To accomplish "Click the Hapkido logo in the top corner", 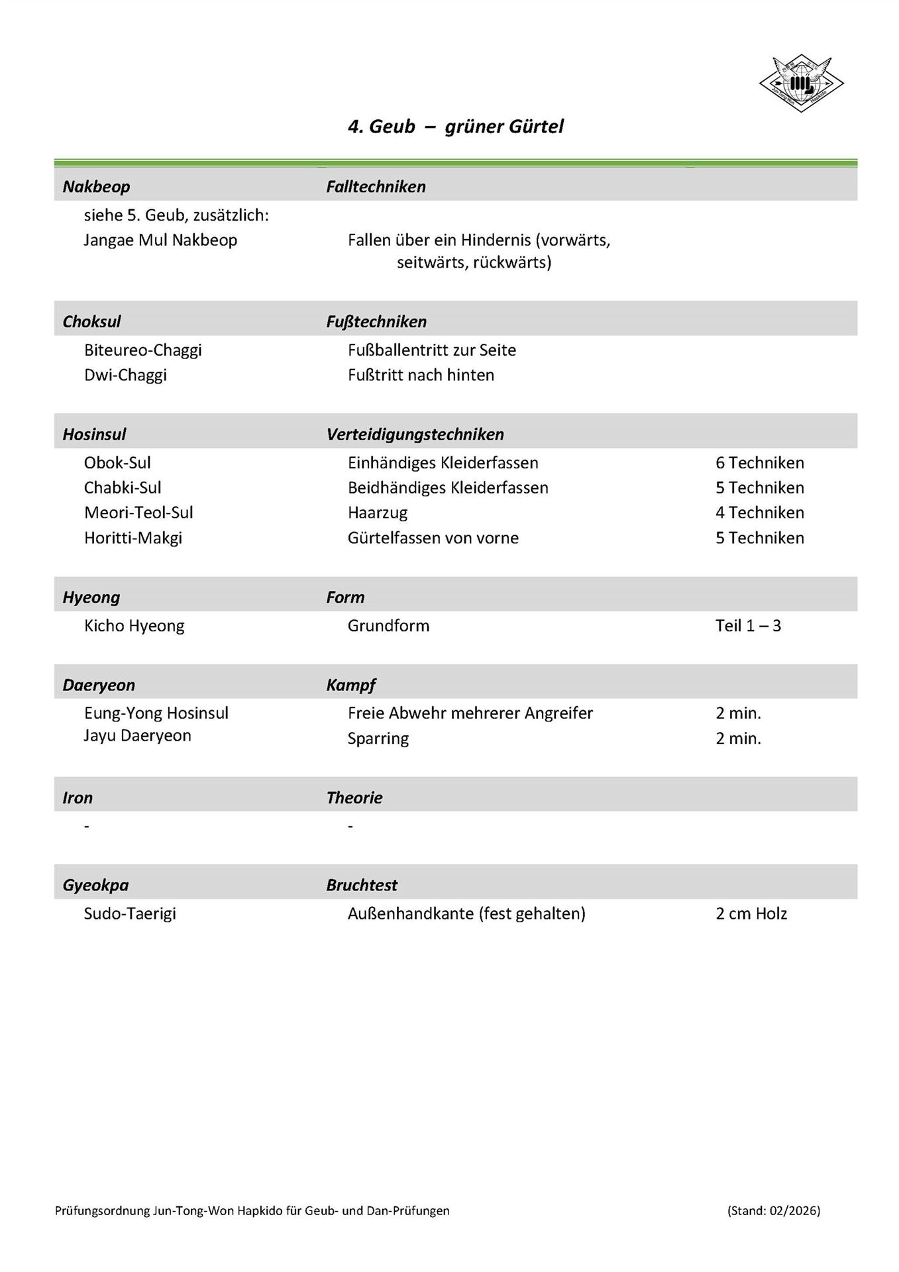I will pyautogui.click(x=801, y=83).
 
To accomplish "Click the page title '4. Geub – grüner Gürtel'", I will pyautogui.click(x=456, y=127).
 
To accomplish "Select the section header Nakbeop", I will pyautogui.click(x=96, y=187).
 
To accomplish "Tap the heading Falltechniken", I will pyautogui.click(x=376, y=187).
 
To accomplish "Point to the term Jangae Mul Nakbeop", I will pyautogui.click(x=160, y=240).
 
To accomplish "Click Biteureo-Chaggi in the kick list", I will pyautogui.click(x=142, y=350).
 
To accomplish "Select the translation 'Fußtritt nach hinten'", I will pyautogui.click(x=421, y=375).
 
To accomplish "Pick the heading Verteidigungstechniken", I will pyautogui.click(x=415, y=435).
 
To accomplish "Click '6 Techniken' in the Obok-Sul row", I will pyautogui.click(x=759, y=463).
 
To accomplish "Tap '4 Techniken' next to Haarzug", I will pyautogui.click(x=759, y=513).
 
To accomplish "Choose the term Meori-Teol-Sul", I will pyautogui.click(x=138, y=513).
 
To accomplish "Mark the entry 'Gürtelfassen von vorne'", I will pyautogui.click(x=433, y=538).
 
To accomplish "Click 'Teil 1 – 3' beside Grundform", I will pyautogui.click(x=748, y=626).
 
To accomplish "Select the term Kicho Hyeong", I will pyautogui.click(x=134, y=626).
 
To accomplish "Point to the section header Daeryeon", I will pyautogui.click(x=99, y=685).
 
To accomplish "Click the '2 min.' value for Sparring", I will pyautogui.click(x=738, y=739).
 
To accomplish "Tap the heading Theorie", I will pyautogui.click(x=354, y=798).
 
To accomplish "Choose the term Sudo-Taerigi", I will pyautogui.click(x=130, y=914).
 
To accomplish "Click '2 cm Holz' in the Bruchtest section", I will pyautogui.click(x=751, y=914).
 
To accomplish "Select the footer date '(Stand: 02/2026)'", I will pyautogui.click(x=773, y=1210).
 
